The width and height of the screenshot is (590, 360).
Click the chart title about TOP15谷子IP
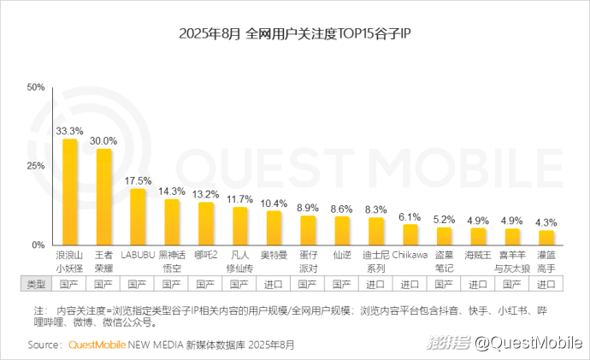pyautogui.click(x=294, y=35)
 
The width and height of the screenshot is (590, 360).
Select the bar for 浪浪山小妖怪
pyautogui.click(x=69, y=192)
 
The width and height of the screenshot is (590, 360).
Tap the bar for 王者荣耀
pyautogui.click(x=103, y=197)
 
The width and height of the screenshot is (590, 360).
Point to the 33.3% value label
pyautogui.click(x=69, y=131)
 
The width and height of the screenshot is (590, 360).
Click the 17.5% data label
pyautogui.click(x=137, y=181)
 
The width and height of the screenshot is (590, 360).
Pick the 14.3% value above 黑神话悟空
pyautogui.click(x=172, y=192)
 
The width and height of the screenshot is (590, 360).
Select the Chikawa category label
pyautogui.click(x=410, y=254)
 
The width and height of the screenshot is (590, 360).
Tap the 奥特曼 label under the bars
pyautogui.click(x=274, y=254)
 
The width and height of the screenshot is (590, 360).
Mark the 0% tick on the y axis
pyautogui.click(x=38, y=245)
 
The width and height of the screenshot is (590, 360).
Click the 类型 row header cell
pyautogui.click(x=35, y=283)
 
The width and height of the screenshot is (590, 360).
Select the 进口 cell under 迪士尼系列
pyautogui.click(x=375, y=283)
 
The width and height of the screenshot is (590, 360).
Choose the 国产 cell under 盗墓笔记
pyautogui.click(x=444, y=283)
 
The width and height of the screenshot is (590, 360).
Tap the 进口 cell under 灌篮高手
pyautogui.click(x=546, y=283)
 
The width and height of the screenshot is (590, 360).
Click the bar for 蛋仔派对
pyautogui.click(x=308, y=230)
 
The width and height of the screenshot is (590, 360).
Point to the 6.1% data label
pyautogui.click(x=410, y=217)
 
